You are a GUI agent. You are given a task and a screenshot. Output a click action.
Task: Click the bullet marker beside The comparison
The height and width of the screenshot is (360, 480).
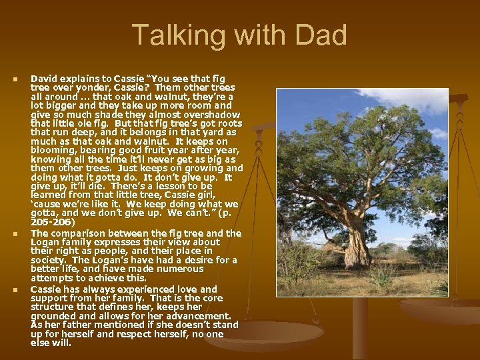click(x=15, y=234)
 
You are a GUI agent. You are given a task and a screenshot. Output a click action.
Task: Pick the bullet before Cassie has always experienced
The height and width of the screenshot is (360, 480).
click(x=15, y=290)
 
